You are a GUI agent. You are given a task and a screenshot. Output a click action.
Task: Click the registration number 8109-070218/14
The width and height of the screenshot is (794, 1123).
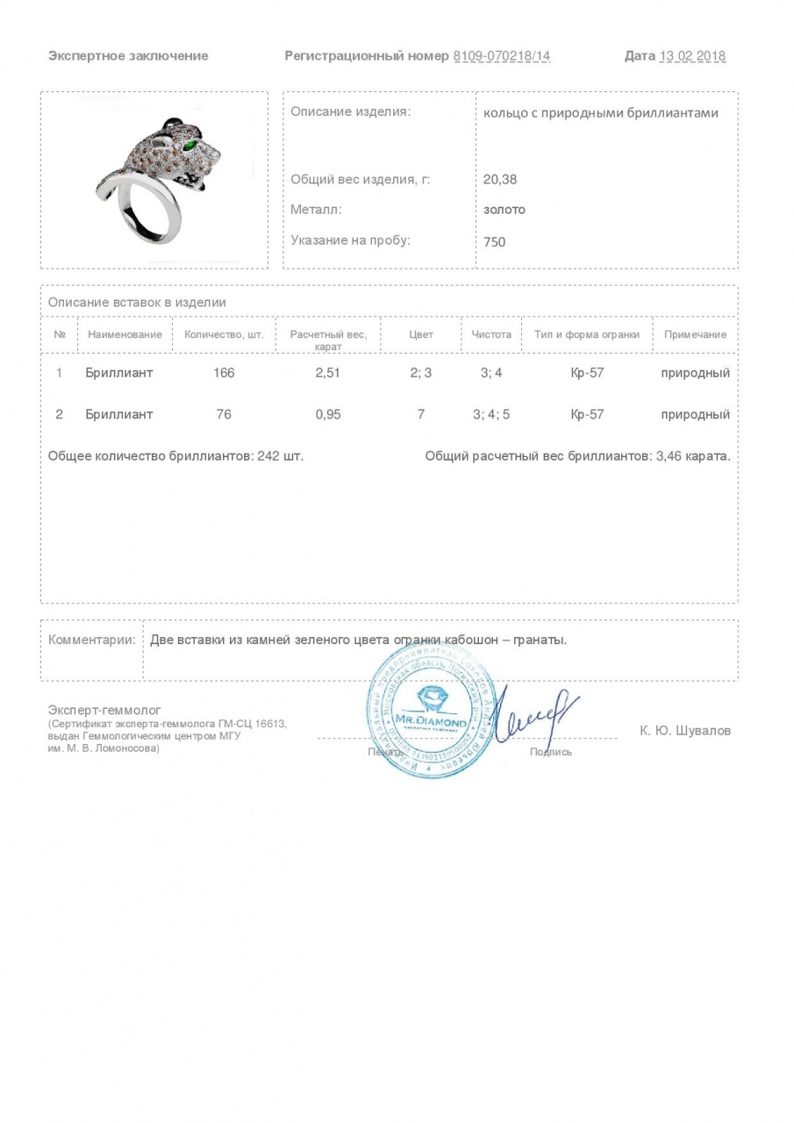click(502, 56)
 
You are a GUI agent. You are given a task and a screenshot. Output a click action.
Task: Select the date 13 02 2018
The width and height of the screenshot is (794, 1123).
click(692, 56)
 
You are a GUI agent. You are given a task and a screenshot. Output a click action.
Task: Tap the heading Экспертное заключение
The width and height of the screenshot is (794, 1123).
click(128, 56)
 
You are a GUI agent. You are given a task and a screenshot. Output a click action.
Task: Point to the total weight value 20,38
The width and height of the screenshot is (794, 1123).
click(500, 179)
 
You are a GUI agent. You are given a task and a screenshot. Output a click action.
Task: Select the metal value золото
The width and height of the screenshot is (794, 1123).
click(504, 210)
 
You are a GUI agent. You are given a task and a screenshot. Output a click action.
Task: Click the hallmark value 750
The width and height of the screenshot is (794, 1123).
click(495, 241)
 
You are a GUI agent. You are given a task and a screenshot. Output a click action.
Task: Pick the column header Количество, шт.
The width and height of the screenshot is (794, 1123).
click(224, 334)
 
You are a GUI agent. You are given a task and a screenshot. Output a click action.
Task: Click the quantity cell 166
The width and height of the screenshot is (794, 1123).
click(224, 373)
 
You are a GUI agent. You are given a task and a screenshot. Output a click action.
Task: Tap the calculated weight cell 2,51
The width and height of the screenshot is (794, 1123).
click(327, 373)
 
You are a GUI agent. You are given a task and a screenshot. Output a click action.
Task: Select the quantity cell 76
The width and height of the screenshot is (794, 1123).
click(224, 414)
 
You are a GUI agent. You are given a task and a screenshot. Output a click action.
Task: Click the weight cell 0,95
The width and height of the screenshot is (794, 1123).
click(327, 414)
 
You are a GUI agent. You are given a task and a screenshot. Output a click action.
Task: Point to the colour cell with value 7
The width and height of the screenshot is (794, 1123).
click(421, 414)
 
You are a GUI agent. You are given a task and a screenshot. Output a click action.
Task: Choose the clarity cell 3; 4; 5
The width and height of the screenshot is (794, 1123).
click(491, 414)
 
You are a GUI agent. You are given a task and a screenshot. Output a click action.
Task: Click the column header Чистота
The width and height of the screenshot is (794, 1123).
click(491, 334)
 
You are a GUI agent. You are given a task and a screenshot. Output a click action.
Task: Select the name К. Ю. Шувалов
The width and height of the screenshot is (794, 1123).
click(685, 730)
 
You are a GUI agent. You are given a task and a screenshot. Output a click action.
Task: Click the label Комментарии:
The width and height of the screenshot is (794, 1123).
click(91, 640)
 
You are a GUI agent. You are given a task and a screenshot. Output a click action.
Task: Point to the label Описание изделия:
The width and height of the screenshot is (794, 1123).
click(350, 112)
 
